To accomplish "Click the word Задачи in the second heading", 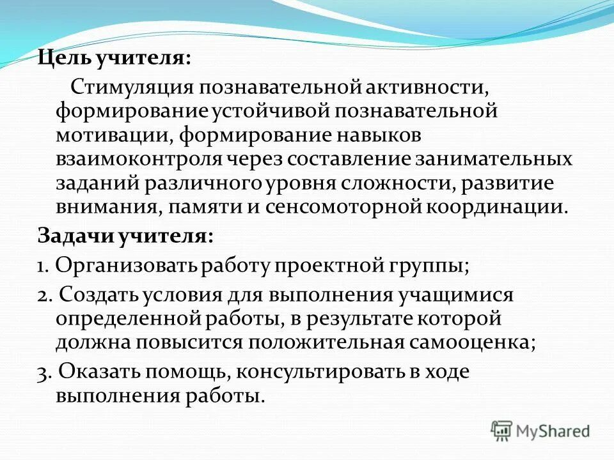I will pyautogui.click(x=74, y=236).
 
